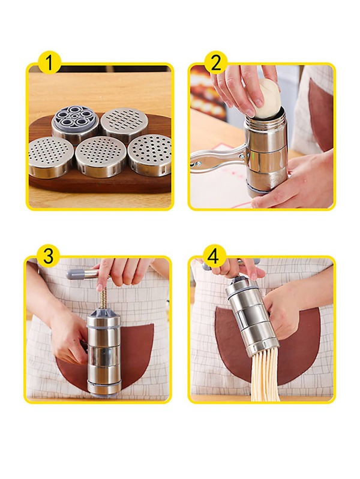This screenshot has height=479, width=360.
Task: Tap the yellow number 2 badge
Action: coord(215,62)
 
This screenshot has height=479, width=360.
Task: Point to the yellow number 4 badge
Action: coord(212,256)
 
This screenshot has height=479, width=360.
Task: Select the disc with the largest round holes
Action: coord(149,153)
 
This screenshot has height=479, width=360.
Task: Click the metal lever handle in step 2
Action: coord(216,158)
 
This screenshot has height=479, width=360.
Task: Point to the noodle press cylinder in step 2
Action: coord(267,153)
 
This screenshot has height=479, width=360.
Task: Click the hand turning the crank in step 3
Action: coord(123,271)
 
